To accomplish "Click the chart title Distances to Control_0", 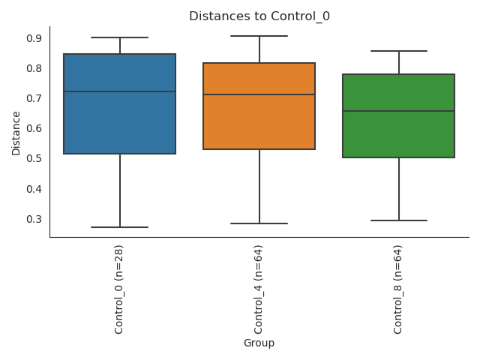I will pos(259,16).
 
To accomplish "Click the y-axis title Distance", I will pos(16,133).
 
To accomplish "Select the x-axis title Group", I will pos(259,343).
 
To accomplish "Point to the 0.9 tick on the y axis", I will pos(34,38).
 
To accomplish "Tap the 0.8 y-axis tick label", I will pos(34,68).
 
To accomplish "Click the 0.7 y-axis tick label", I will pos(34,98).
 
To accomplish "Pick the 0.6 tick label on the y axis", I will pos(34,128).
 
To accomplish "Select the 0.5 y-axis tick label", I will pos(34,158).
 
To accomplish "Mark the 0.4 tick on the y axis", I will pos(34,189).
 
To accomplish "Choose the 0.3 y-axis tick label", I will pos(34,219).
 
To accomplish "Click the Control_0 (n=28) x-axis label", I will pos(119,289).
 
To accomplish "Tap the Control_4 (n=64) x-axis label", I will pos(259,289).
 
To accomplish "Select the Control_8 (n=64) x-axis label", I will pos(398,289).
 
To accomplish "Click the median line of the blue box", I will pos(120,91).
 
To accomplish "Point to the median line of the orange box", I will pos(259,94).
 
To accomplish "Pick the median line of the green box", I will pos(398,111).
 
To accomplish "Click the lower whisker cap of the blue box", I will pos(120,227).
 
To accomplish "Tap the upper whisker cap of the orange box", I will pos(259,36).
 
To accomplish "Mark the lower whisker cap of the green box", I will pos(398,220).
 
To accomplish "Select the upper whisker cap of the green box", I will pos(398,51).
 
